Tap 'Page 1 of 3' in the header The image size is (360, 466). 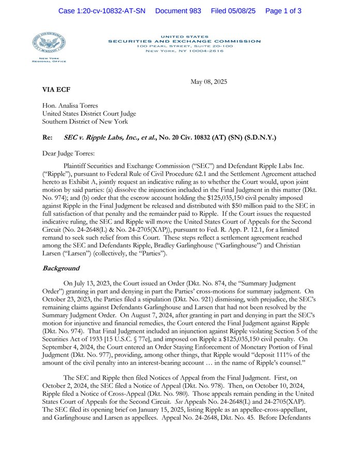click(283, 11)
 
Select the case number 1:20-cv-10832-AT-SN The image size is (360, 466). click(102, 11)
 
